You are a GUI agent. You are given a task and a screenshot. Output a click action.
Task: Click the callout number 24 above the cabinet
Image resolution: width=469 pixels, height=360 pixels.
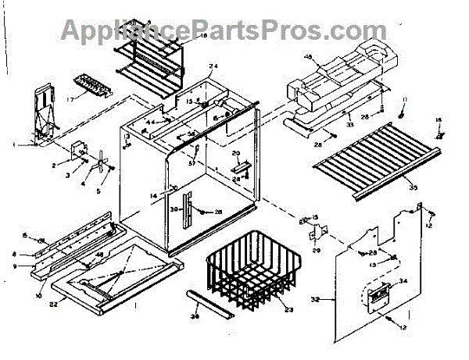point(213,66)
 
